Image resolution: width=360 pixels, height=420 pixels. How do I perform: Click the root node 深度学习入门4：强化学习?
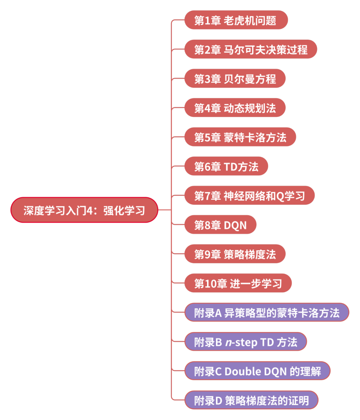[x=84, y=210]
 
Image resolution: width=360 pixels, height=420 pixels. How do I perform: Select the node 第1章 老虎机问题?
[x=236, y=20]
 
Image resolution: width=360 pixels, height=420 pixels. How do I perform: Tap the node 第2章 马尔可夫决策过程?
[x=251, y=50]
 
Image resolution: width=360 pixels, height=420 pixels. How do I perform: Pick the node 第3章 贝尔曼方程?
[x=235, y=79]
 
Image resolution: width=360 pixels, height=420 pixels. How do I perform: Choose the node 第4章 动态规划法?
[x=235, y=108]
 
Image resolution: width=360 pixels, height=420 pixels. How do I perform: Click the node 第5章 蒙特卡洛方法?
[x=240, y=137]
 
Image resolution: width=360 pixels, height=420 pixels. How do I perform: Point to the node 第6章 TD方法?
[x=226, y=167]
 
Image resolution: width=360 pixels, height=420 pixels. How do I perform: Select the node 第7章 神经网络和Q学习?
[x=249, y=196]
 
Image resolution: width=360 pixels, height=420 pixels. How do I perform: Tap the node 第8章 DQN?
[x=220, y=225]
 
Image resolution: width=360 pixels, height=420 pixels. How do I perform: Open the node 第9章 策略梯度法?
[x=235, y=254]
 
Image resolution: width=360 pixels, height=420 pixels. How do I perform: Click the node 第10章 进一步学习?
[x=238, y=283]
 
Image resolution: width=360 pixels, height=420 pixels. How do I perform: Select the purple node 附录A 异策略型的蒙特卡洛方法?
[x=267, y=313]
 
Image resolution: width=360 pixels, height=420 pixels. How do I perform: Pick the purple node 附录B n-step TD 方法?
[x=246, y=342]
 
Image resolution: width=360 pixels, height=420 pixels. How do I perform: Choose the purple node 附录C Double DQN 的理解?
[x=257, y=371]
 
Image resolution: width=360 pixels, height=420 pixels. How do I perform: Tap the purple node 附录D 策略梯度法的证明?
[x=251, y=400]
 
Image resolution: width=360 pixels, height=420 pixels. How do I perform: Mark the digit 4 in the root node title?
[x=89, y=210]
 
